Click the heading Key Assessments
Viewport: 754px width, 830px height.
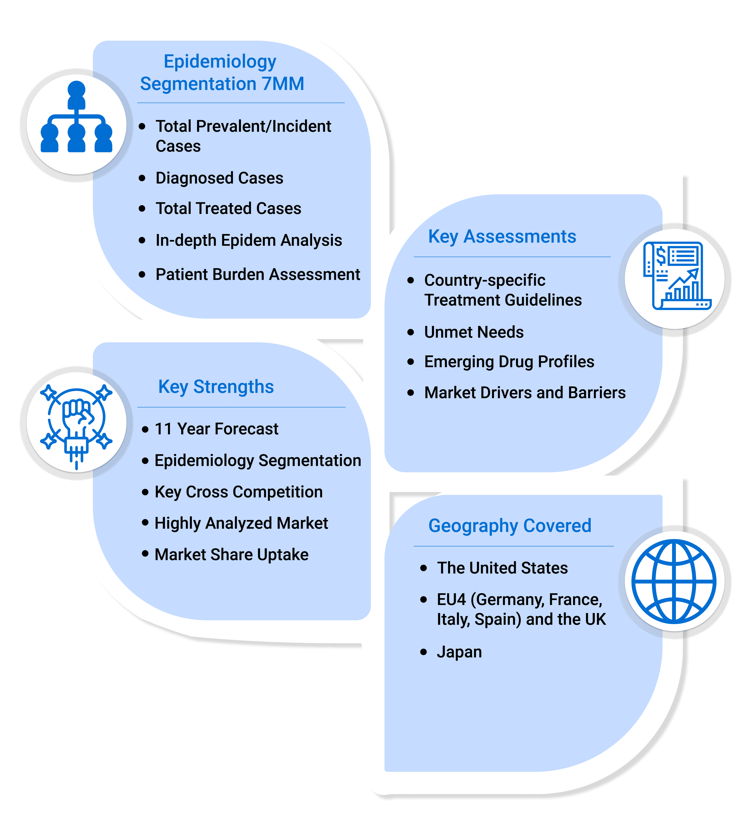point(502,237)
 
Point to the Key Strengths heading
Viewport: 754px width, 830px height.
point(216,387)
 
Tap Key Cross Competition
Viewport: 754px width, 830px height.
point(238,492)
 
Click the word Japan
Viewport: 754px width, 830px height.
point(459,652)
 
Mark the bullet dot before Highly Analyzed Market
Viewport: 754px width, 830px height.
point(145,523)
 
